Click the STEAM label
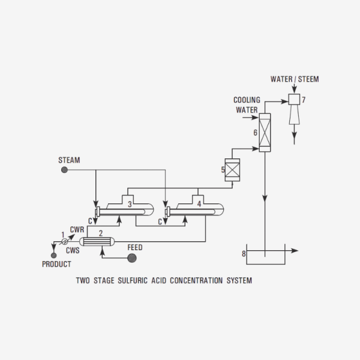pyautogui.click(x=69, y=160)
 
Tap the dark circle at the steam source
pyautogui.click(x=64, y=170)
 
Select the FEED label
pyautogui.click(x=135, y=247)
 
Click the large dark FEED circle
pyautogui.click(x=133, y=258)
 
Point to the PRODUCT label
pyautogui.click(x=56, y=264)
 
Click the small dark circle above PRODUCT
pyautogui.click(x=54, y=255)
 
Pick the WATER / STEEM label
pyautogui.click(x=295, y=79)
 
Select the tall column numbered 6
pyautogui.click(x=265, y=132)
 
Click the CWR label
pyautogui.click(x=77, y=230)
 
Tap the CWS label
pyautogui.click(x=73, y=250)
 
